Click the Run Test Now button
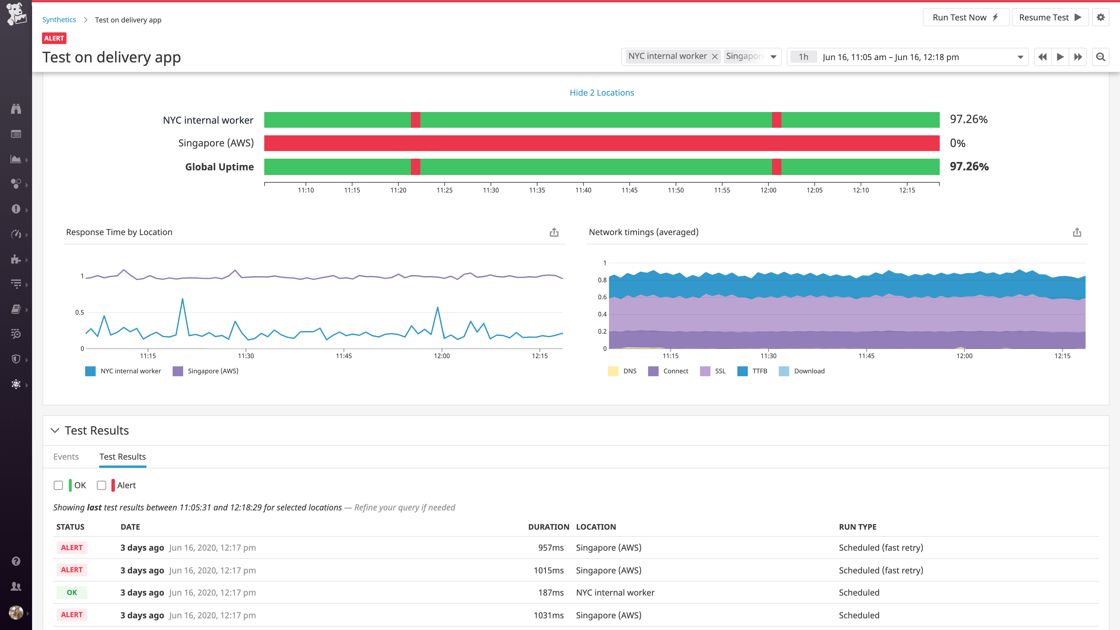pos(965,17)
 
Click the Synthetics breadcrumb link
pos(59,20)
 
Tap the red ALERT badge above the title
pos(54,38)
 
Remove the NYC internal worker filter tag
pos(714,57)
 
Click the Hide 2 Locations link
pos(601,93)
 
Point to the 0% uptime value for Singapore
pos(957,143)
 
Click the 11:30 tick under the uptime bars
pos(490,190)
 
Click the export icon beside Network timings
pos(1077,232)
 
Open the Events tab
pos(66,456)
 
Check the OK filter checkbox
pos(58,485)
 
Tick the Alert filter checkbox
pos(101,485)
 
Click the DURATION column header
pos(548,526)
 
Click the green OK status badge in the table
pos(72,593)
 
